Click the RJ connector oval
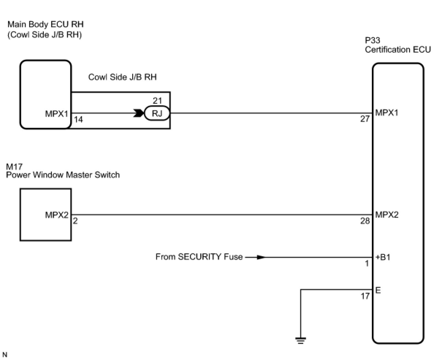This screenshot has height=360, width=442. [x=157, y=114]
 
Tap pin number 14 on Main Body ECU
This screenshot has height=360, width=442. [x=78, y=119]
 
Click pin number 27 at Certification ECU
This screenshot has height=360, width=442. [x=365, y=119]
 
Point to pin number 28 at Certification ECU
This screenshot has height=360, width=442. [x=365, y=221]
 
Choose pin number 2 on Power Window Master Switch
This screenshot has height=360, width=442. [x=75, y=221]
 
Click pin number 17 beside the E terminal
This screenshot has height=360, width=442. [x=365, y=296]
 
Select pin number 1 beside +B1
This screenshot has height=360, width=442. [x=367, y=263]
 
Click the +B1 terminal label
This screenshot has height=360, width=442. [x=383, y=257]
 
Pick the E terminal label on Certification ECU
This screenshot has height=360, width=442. [x=378, y=290]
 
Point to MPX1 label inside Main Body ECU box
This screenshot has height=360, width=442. [x=57, y=114]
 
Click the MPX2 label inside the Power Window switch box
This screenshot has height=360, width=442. [x=57, y=215]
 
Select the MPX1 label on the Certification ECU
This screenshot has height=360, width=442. [x=387, y=112]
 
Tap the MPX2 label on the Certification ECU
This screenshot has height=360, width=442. [x=387, y=214]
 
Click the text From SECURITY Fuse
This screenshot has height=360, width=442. [x=199, y=257]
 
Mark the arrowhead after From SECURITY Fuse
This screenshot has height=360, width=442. [x=260, y=257]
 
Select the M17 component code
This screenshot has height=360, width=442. [x=14, y=167]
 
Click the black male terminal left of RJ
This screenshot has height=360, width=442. [x=139, y=114]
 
